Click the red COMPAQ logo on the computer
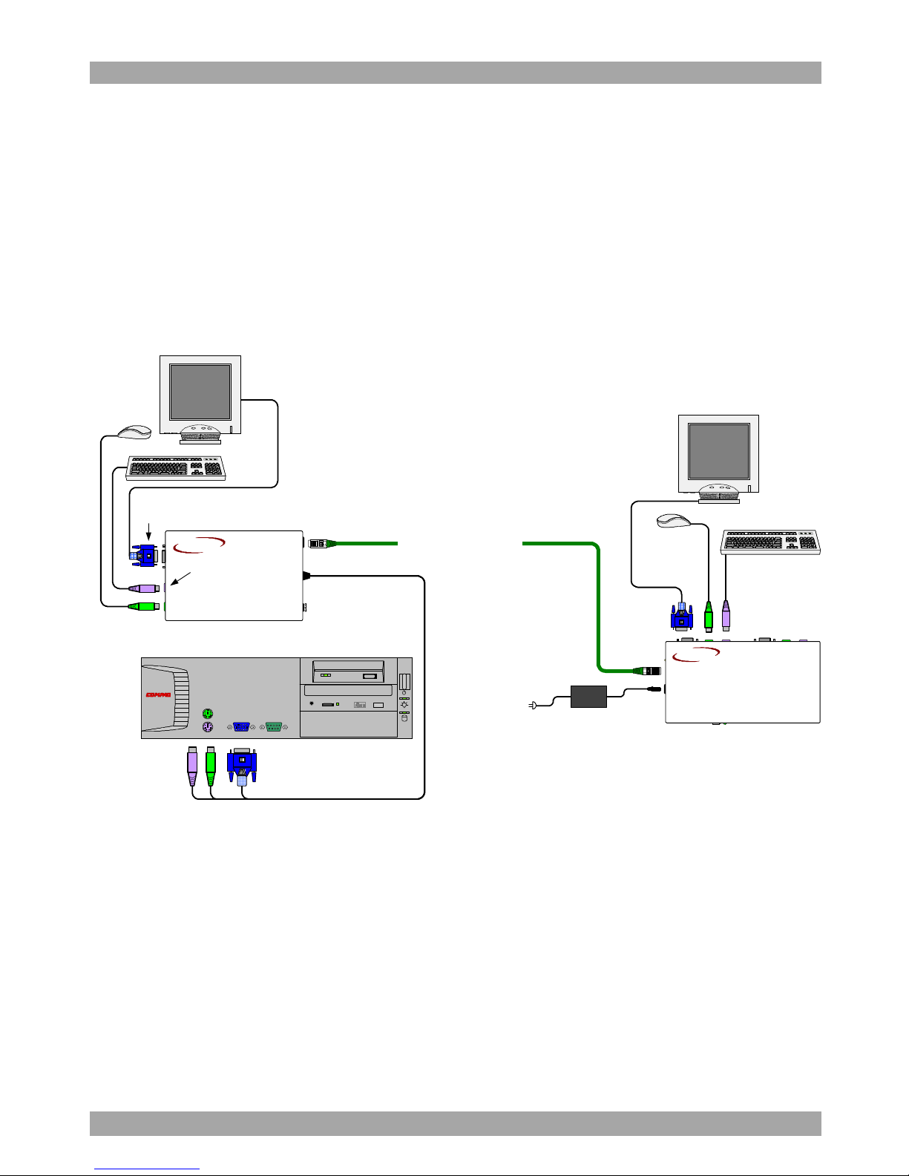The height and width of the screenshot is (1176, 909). click(158, 695)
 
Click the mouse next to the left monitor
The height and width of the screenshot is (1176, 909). click(135, 431)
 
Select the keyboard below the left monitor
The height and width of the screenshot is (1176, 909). click(176, 468)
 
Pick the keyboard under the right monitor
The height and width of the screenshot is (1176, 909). click(770, 542)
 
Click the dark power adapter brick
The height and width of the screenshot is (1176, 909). click(588, 696)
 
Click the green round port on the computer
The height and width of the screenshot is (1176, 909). click(208, 714)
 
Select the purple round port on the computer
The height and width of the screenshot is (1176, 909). click(208, 728)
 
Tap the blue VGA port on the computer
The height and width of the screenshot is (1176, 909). click(242, 727)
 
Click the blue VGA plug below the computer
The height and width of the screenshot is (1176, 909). click(242, 764)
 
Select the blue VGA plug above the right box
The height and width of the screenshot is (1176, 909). click(681, 615)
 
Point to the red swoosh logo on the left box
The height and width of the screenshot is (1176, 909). click(199, 545)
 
